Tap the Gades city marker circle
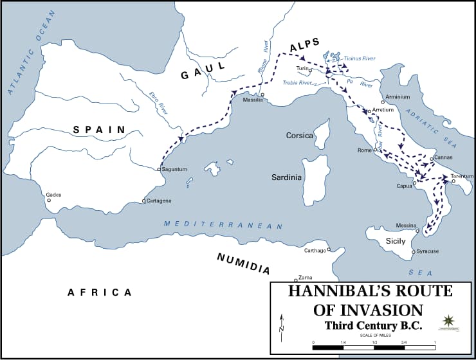pyautogui.click(x=49, y=200)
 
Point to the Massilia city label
pyautogui.click(x=253, y=100)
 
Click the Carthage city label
pyautogui.click(x=315, y=250)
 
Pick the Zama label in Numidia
pyautogui.click(x=306, y=277)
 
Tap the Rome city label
pyautogui.click(x=364, y=150)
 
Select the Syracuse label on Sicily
pyautogui.click(x=428, y=251)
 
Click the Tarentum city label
pyautogui.click(x=461, y=175)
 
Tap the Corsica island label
pyautogui.click(x=299, y=136)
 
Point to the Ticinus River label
pyautogui.click(x=359, y=58)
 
